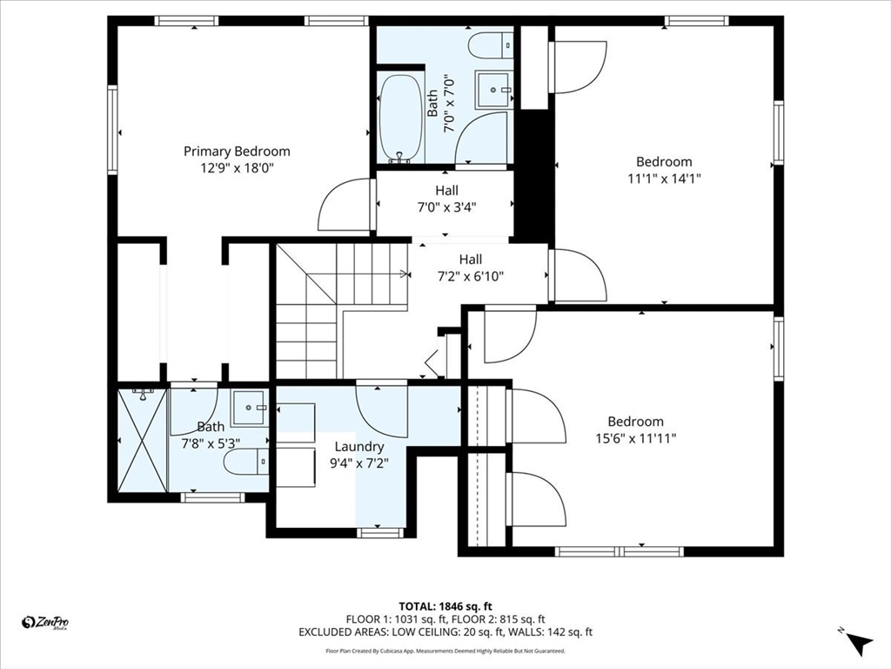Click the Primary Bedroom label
click(x=237, y=152)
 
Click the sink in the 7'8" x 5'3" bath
click(x=250, y=408)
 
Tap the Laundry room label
click(x=359, y=447)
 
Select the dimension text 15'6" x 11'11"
click(x=635, y=438)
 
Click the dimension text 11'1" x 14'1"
click(x=664, y=178)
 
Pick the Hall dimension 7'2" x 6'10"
click(x=471, y=276)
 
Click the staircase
click(x=341, y=310)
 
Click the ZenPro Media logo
click(x=45, y=623)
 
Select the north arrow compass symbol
click(x=858, y=642)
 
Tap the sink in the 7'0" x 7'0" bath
click(x=494, y=90)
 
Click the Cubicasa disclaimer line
click(x=445, y=651)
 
